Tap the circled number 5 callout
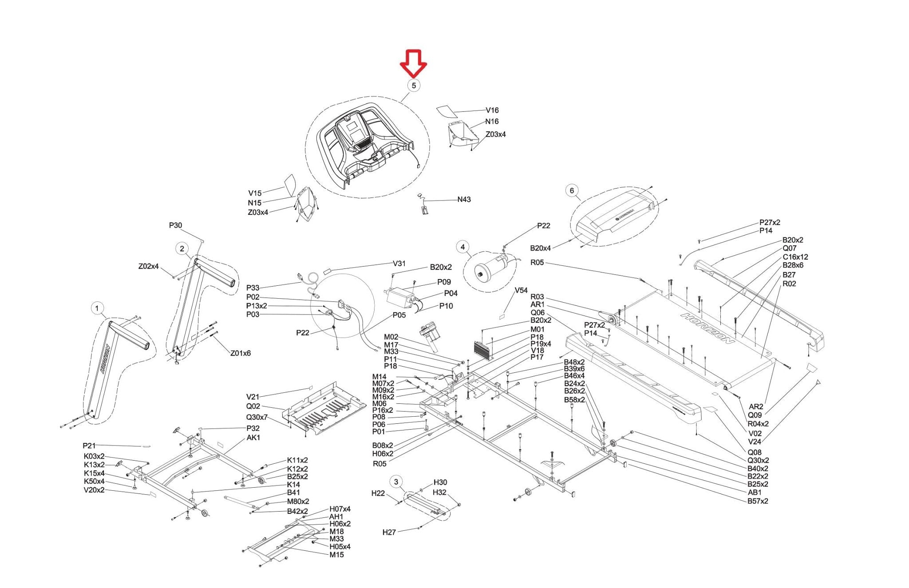[414, 85]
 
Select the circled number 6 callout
[572, 191]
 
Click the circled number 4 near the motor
[463, 247]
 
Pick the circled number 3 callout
[396, 482]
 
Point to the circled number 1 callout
[97, 308]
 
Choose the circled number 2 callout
[182, 249]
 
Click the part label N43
[464, 200]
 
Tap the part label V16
[492, 110]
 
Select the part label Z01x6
[240, 353]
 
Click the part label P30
[175, 225]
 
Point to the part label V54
[521, 290]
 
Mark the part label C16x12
[795, 257]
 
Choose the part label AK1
[253, 438]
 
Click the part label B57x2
[758, 501]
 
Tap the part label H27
[389, 532]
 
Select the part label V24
[755, 442]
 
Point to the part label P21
[89, 446]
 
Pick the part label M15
[336, 555]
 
